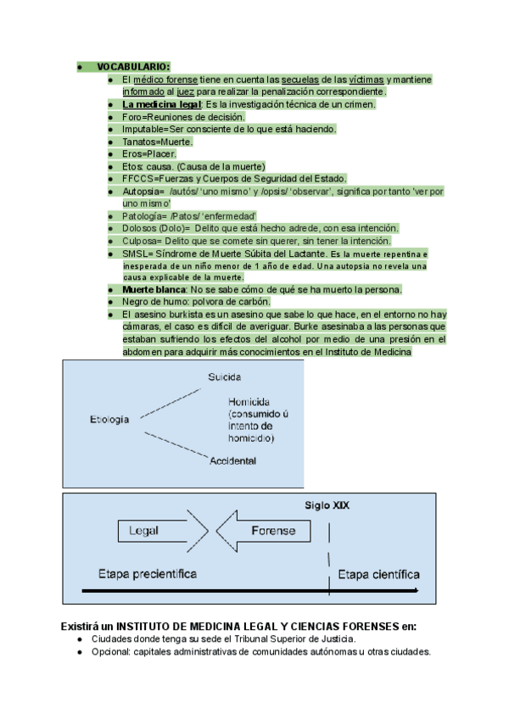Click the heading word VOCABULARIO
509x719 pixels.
tap(132, 67)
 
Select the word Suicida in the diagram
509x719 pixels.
tap(225, 377)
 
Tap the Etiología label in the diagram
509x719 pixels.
tap(109, 420)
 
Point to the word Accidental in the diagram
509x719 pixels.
tap(232, 461)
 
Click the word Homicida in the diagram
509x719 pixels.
tap(249, 402)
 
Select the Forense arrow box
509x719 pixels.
tap(264, 531)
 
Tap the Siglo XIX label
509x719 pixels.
tap(327, 505)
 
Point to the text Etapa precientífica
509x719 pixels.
tap(148, 574)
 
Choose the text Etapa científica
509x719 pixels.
tap(378, 575)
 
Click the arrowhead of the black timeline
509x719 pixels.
tap(416, 591)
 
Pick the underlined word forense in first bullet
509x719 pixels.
tap(182, 80)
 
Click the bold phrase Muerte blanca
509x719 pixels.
tap(154, 290)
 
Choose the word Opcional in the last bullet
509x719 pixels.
tap(111, 652)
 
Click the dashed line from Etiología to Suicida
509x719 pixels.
tap(171, 404)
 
